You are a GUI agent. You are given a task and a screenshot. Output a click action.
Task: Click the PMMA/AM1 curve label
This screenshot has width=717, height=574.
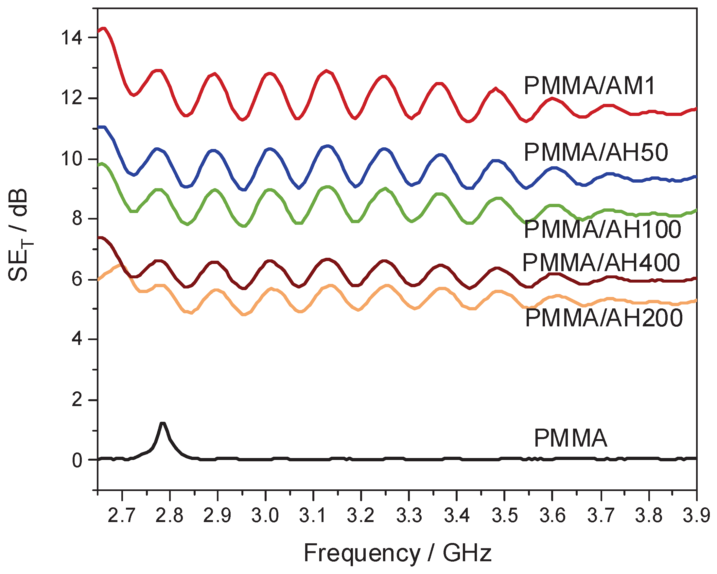tap(589, 86)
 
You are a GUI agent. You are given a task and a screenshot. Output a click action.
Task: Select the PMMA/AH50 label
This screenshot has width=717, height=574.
tap(596, 152)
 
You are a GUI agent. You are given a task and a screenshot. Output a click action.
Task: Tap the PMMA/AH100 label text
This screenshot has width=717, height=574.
tap(602, 229)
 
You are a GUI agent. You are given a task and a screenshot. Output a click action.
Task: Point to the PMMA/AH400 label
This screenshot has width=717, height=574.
tap(601, 262)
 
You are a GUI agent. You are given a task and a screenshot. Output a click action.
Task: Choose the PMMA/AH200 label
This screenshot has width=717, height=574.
tap(603, 318)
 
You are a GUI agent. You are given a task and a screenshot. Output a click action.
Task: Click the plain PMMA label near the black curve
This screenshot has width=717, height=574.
tap(571, 438)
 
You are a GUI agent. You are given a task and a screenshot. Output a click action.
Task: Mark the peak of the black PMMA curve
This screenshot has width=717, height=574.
tap(162, 423)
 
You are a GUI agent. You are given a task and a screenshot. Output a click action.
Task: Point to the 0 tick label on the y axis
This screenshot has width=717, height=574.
tap(77, 461)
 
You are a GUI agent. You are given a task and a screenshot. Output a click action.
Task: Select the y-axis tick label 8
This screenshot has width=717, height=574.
tap(77, 219)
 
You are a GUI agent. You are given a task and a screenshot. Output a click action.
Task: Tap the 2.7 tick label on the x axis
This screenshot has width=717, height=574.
tap(122, 516)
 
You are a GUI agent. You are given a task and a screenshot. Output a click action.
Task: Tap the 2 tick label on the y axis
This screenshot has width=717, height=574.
tap(77, 400)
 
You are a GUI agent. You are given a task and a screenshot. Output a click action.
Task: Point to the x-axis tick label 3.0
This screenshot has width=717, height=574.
tap(265, 516)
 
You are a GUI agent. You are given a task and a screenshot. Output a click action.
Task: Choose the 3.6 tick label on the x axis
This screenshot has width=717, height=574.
tap(552, 516)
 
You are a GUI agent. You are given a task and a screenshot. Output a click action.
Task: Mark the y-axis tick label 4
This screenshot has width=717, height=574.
tap(77, 339)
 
